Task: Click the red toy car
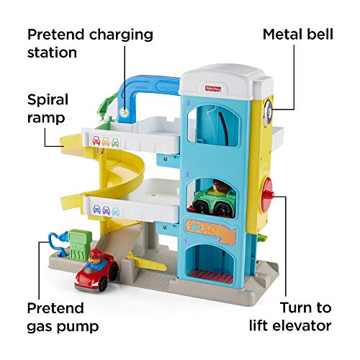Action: pyautogui.click(x=96, y=273)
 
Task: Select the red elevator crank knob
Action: pyautogui.click(x=267, y=195)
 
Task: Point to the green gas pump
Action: pyautogui.click(x=79, y=246)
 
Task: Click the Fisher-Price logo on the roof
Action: pyautogui.click(x=213, y=89)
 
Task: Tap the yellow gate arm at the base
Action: pyautogui.click(x=146, y=263)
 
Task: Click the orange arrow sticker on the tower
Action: pyautogui.click(x=210, y=231)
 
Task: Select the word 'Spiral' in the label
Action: pyautogui.click(x=48, y=100)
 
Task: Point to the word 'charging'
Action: pyautogui.click(x=121, y=35)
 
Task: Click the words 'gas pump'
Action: pyautogui.click(x=63, y=327)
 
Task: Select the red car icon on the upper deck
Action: pyautogui.click(x=96, y=141)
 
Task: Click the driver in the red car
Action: pyautogui.click(x=96, y=257)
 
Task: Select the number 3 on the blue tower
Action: pyautogui.click(x=189, y=103)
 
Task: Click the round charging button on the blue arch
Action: pyautogui.click(x=124, y=112)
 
